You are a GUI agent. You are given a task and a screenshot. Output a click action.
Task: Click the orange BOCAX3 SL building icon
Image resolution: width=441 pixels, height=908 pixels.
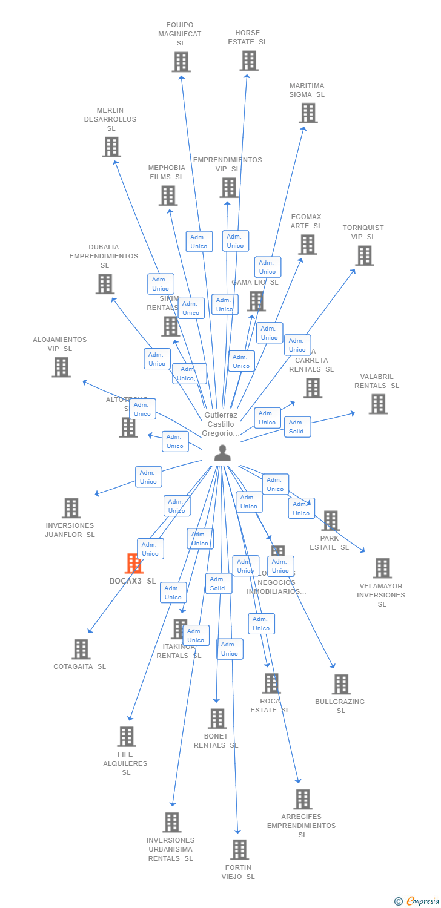[133, 564]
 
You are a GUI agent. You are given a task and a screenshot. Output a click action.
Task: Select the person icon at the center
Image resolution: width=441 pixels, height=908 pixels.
[222, 453]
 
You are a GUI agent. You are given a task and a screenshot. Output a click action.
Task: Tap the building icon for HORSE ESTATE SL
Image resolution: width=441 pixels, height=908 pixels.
[248, 61]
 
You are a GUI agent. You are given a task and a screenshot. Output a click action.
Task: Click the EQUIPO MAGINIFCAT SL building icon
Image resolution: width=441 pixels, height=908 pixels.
[181, 62]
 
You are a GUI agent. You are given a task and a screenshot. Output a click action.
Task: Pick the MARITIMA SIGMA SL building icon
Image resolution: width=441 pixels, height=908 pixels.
[308, 113]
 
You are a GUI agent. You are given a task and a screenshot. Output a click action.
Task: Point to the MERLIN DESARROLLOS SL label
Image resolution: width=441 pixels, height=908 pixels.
[110, 119]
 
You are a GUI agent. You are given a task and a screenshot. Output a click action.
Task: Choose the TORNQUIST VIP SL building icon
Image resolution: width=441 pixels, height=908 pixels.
[364, 255]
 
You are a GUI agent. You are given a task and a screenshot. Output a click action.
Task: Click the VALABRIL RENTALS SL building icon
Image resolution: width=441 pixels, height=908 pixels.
[378, 404]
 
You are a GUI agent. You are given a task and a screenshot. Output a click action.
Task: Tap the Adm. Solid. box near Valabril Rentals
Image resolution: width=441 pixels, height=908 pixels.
[297, 427]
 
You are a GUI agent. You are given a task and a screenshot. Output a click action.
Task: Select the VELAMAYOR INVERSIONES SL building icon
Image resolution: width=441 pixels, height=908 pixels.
[382, 568]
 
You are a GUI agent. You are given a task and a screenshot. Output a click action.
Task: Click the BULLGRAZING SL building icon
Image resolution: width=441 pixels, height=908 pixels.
[340, 685]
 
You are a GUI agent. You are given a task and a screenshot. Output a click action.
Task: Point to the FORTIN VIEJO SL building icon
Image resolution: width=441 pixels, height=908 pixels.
[239, 850]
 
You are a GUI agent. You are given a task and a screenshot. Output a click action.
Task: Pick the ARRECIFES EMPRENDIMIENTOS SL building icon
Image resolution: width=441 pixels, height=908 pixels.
[302, 799]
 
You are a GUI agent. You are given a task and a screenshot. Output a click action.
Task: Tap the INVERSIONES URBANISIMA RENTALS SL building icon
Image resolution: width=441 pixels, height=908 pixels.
[171, 823]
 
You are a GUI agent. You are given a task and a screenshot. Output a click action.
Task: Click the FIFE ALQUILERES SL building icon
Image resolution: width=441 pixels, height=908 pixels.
[126, 737]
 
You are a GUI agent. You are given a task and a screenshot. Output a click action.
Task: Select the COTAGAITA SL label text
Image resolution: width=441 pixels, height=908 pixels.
[79, 666]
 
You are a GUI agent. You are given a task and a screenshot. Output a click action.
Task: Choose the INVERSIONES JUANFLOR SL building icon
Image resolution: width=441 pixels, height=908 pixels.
[71, 508]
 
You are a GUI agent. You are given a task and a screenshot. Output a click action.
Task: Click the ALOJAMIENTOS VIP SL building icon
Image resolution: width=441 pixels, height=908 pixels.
[61, 367]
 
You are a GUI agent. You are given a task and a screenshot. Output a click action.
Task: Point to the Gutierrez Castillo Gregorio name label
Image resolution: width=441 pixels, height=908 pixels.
[220, 424]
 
